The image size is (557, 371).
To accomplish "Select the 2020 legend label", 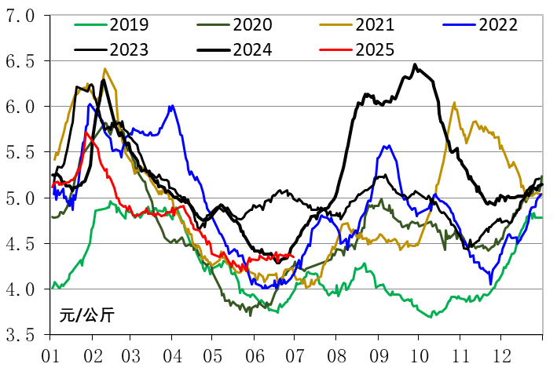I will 253,25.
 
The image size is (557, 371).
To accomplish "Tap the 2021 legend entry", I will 376,25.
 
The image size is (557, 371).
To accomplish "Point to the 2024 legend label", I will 253,50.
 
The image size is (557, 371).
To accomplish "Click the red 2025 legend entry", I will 376,50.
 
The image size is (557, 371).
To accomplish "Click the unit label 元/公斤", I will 86,316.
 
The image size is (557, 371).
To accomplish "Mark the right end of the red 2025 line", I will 293,256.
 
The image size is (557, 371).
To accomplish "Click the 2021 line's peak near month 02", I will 104,69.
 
